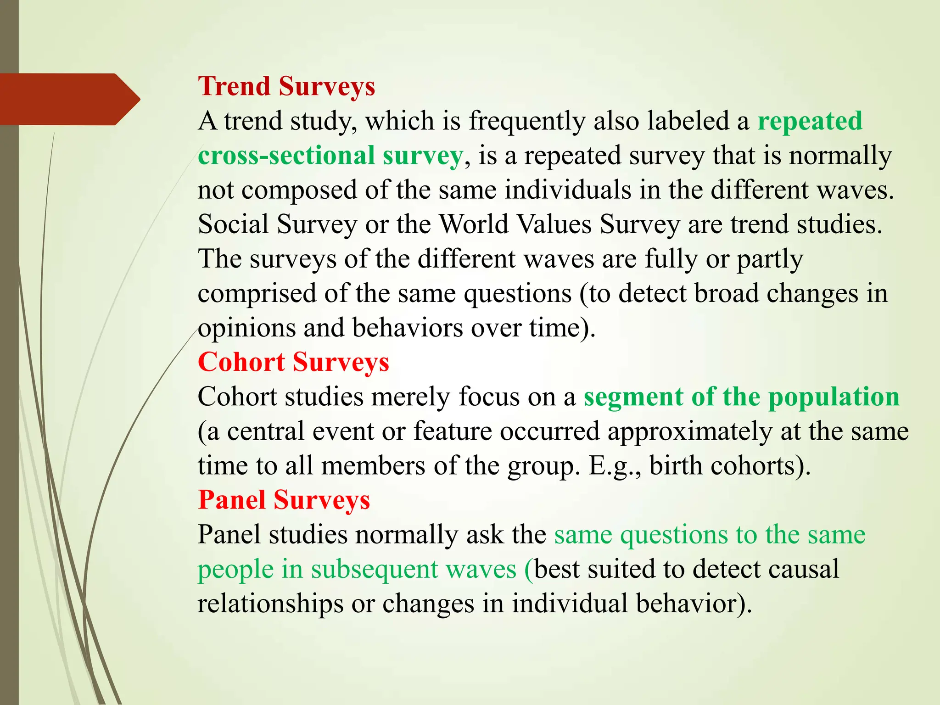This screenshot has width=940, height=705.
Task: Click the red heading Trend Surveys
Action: pyautogui.click(x=286, y=86)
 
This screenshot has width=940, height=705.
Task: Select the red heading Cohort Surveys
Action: pyautogui.click(x=293, y=362)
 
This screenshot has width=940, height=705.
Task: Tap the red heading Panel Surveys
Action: pyautogui.click(x=284, y=500)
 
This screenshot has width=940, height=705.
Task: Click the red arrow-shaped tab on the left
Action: pyautogui.click(x=69, y=99)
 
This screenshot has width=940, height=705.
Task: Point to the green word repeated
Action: pyautogui.click(x=810, y=121)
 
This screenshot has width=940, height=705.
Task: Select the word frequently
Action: pyautogui.click(x=527, y=121)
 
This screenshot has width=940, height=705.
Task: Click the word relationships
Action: pyautogui.click(x=270, y=604)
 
